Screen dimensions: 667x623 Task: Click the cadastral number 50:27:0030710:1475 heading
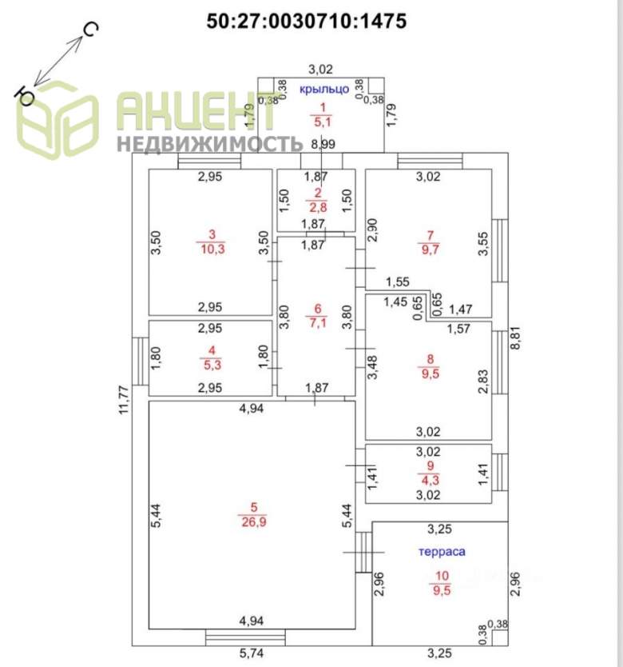point(307,21)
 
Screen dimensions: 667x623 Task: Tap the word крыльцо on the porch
point(323,89)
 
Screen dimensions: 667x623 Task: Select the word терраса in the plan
point(442,551)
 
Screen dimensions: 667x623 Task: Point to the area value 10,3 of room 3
point(212,250)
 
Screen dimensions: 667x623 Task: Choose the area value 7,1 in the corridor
point(317,322)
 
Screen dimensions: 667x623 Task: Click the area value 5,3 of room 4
point(212,366)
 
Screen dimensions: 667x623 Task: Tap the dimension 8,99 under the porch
point(323,144)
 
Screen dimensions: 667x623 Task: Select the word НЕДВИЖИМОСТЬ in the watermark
point(210,144)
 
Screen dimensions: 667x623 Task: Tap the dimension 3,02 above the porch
point(320,69)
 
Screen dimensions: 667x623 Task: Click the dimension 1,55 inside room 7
point(397,282)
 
